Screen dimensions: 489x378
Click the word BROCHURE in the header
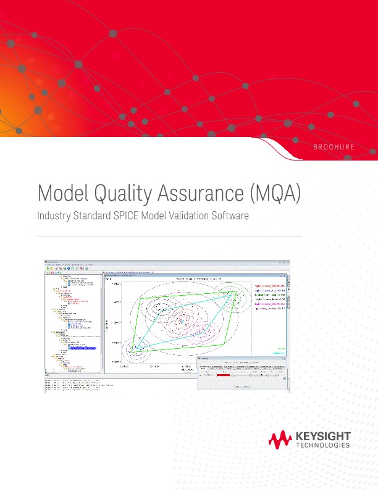(334, 148)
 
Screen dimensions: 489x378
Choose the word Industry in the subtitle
(57, 217)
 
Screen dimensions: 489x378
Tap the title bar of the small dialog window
(241, 358)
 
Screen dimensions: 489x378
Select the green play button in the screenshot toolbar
(48, 269)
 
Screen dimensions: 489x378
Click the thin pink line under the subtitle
(169, 236)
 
